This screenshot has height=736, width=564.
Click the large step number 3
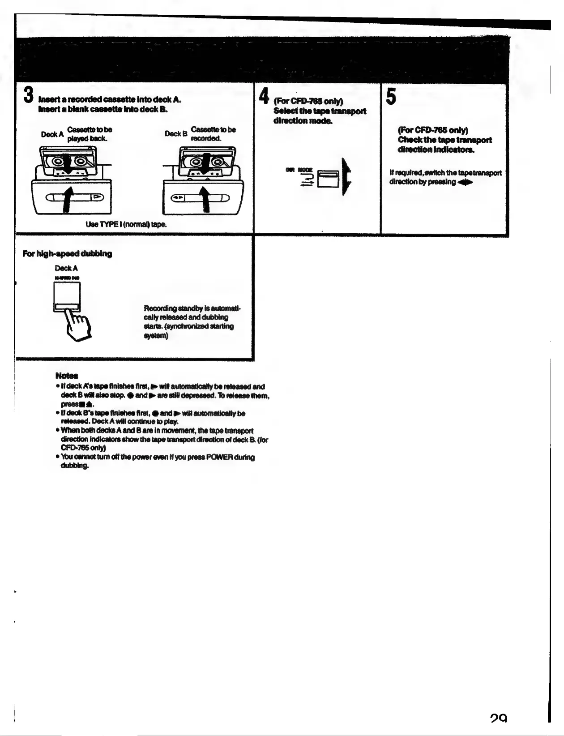tap(28, 95)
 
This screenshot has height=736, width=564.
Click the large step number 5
tap(391, 97)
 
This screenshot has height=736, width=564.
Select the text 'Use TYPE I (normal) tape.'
tap(126, 224)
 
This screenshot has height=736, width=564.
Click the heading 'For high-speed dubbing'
tap(67, 254)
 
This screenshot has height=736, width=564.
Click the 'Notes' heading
tap(67, 375)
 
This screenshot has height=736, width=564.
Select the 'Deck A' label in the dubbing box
tap(66, 268)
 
